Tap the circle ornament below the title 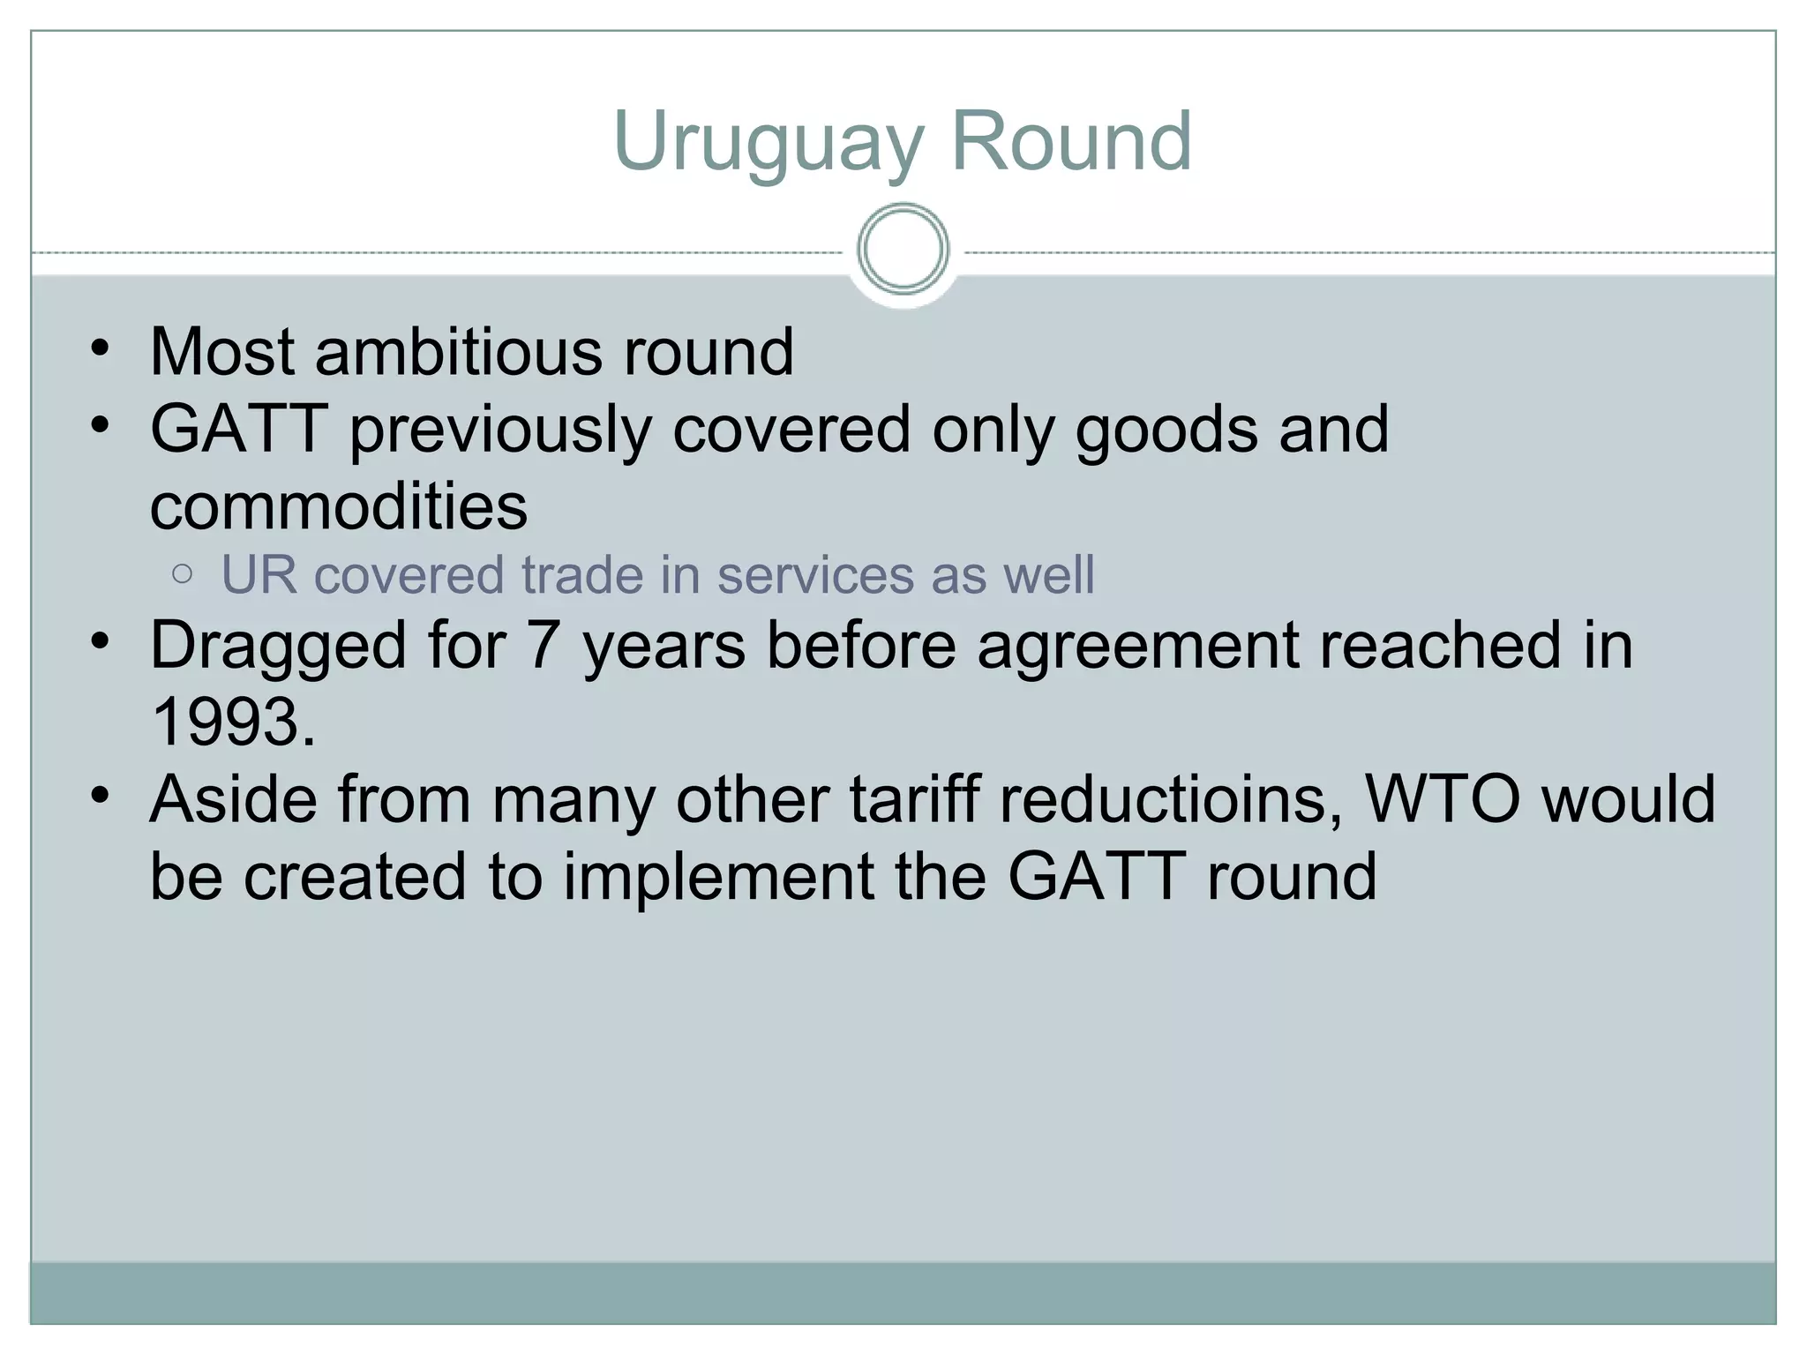[903, 250]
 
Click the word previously [499, 430]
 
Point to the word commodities [339, 506]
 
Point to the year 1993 [232, 722]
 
